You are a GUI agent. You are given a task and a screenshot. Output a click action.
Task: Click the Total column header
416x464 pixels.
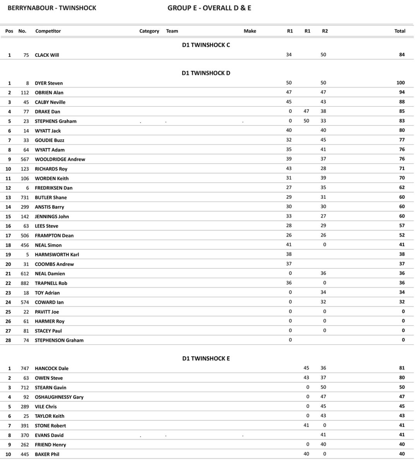[x=400, y=31]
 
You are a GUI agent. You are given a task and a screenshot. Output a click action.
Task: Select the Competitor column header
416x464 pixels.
[x=48, y=31]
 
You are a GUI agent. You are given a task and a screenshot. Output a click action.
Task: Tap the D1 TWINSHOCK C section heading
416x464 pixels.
[x=206, y=45]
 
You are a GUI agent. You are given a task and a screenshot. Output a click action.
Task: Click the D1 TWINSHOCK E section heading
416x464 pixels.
[x=206, y=358]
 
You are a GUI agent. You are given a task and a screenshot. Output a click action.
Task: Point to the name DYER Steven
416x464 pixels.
[x=49, y=83]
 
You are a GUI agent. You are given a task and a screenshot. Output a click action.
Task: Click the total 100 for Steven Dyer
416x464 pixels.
[x=400, y=83]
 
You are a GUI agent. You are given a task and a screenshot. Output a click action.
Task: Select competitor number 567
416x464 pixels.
[x=25, y=159]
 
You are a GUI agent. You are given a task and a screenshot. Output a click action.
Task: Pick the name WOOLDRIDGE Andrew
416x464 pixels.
[x=60, y=159]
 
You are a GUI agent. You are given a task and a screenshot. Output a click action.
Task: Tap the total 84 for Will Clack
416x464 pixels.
[x=402, y=55]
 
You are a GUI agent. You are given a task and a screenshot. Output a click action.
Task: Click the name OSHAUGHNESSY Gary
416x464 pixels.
[x=59, y=397]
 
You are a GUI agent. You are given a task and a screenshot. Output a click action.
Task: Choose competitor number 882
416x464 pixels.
[x=25, y=283]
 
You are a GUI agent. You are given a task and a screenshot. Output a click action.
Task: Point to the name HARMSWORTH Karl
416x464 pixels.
[x=57, y=254]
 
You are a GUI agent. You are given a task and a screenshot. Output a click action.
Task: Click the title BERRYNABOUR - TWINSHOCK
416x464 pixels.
[x=52, y=8]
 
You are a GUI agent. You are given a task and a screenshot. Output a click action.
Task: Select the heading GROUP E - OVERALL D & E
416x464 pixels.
[x=209, y=8]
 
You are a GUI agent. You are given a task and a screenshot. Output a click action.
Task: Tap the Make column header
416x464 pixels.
[x=250, y=31]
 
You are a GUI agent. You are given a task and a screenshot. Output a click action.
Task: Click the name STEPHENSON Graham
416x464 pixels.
[x=59, y=340]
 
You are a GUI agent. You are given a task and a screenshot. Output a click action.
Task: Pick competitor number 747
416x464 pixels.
[x=25, y=368]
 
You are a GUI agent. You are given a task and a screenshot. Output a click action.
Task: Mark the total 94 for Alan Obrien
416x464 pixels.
[x=402, y=92]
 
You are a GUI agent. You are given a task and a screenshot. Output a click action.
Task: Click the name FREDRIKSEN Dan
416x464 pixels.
[x=54, y=188]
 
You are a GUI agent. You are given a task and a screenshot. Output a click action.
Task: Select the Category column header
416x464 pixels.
[x=149, y=31]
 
